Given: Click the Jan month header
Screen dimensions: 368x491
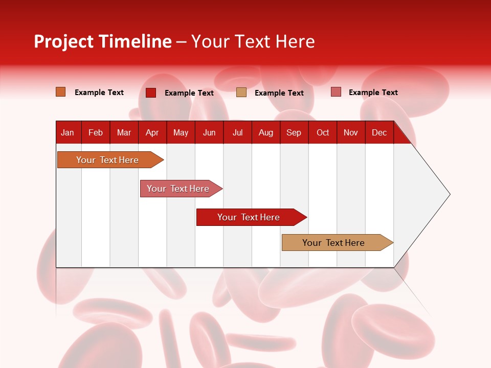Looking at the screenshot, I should [68, 132].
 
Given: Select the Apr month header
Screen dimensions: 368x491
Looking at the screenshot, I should [152, 132].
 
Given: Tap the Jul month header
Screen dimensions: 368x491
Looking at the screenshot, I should [237, 132].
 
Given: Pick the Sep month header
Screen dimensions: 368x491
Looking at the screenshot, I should [294, 132].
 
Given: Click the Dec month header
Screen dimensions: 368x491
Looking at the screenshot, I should [379, 132].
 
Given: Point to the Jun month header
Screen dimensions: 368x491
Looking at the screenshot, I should [209, 132].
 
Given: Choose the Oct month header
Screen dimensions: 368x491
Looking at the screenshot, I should [323, 132].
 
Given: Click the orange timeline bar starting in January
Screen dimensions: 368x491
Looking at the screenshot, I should [107, 160].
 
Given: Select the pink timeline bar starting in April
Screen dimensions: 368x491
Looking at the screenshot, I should [178, 189].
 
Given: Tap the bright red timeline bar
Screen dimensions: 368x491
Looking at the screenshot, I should [249, 217].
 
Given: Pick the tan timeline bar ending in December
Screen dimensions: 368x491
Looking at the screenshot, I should [333, 243].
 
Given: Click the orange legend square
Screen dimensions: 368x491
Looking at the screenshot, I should [61, 92].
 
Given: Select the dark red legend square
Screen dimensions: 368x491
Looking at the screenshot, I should [151, 93].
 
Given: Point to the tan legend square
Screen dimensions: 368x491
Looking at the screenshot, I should [241, 93].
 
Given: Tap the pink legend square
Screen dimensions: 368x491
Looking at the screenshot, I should [336, 92].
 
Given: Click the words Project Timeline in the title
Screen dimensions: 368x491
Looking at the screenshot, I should [102, 41].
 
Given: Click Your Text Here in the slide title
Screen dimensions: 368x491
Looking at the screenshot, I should [253, 41].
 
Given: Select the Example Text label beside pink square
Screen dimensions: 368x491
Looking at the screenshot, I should [373, 92].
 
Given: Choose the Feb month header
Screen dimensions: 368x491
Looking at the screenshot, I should [96, 132].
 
